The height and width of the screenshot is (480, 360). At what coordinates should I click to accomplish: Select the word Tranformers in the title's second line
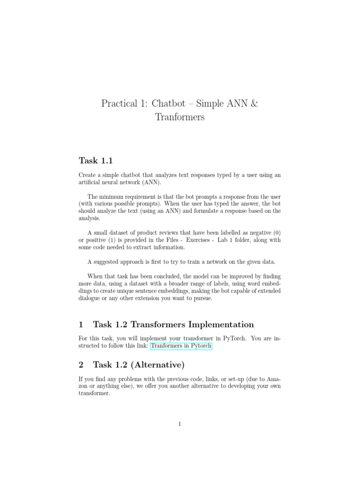[180, 117]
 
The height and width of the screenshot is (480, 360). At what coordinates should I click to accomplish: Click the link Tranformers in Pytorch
[181, 346]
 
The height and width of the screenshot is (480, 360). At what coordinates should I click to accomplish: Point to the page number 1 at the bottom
[180, 424]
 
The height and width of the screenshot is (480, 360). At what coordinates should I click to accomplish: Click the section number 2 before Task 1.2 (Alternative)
[81, 364]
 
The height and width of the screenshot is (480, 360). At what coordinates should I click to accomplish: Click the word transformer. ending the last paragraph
[94, 394]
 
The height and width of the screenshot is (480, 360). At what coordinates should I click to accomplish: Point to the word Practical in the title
[118, 104]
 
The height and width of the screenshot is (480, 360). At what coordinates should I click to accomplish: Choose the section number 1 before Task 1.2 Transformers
[81, 324]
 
